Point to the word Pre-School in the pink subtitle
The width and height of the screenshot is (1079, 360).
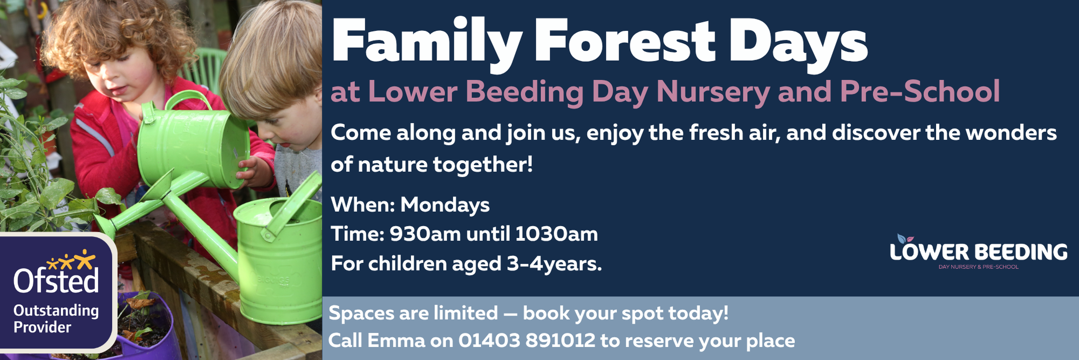920,91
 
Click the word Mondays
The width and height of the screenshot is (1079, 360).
445,205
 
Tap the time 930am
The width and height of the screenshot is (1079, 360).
425,234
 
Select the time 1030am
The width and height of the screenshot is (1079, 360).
556,234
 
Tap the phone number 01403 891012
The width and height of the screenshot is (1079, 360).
527,341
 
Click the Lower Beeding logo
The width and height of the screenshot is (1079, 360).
978,253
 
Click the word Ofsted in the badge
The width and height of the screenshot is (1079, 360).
56,281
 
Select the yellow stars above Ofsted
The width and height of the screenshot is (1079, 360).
71,261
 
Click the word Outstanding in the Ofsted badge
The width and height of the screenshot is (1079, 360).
56,310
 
